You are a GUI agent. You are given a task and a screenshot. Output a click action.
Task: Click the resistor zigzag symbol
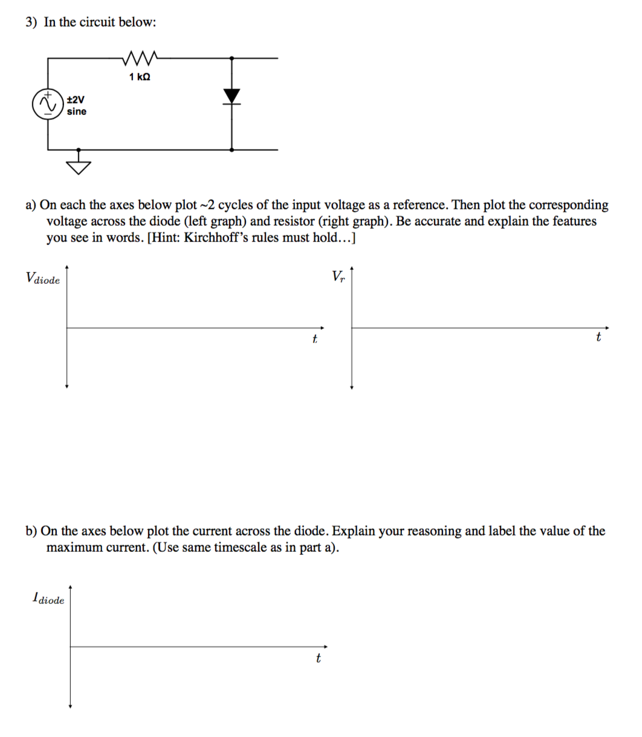[140, 58]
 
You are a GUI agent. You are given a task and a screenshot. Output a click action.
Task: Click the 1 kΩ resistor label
[140, 77]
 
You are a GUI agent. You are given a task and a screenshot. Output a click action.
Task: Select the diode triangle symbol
[232, 96]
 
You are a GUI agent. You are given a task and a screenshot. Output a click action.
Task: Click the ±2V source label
[76, 99]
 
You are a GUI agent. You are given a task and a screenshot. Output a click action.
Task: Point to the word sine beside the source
[76, 111]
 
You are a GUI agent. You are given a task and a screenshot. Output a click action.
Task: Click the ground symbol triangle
[79, 166]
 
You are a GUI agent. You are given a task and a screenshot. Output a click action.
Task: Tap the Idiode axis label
[48, 599]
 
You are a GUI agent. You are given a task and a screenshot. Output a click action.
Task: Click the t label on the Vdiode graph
[314, 339]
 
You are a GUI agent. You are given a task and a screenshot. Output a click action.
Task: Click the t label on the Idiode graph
[318, 658]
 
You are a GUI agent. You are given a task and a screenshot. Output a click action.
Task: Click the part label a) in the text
[31, 205]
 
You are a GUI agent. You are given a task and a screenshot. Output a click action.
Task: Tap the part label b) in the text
[31, 531]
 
